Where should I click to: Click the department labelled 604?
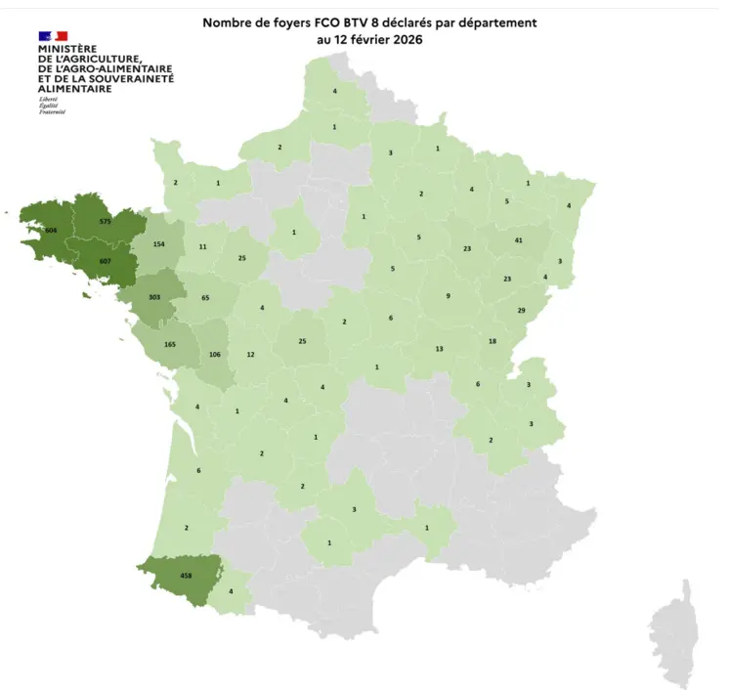pos(50,230)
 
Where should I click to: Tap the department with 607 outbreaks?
pos(106,261)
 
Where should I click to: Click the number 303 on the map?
pos(153,296)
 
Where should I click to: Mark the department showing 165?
pos(170,345)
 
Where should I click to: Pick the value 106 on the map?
pos(214,355)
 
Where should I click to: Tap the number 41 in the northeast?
pos(519,239)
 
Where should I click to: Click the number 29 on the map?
pos(521,310)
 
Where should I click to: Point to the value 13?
pos(439,349)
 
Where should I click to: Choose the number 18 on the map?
pos(492,341)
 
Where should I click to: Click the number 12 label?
pos(250,355)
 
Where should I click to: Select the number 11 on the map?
pos(202,248)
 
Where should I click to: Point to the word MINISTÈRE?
pos(67,48)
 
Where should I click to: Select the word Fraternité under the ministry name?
pos(51,112)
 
